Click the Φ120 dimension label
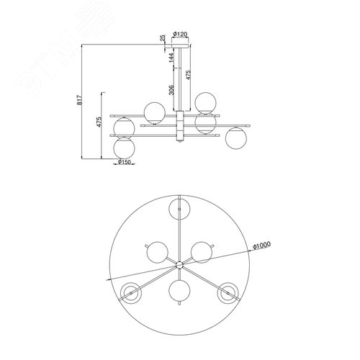[180, 35]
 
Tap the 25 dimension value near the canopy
[163, 38]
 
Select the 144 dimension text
[171, 58]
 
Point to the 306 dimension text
[171, 90]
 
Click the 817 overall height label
[79, 100]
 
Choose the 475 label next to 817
[99, 122]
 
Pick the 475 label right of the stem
[188, 75]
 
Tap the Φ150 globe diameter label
[125, 162]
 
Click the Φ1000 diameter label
[262, 246]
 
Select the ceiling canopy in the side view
[180, 46]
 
